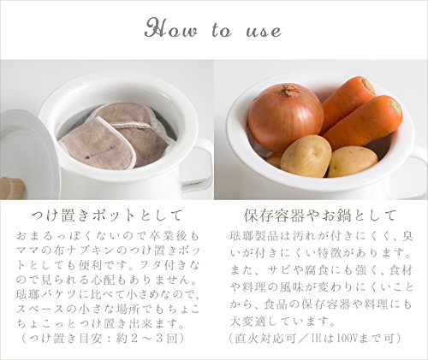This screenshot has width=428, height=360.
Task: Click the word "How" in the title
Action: coord(170,28)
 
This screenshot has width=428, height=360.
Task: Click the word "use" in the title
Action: coord(264,32)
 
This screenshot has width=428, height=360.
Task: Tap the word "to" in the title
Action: coord(222,30)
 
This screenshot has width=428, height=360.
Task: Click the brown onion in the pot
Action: coord(285,117)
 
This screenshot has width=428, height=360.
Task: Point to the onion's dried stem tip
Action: coord(290,90)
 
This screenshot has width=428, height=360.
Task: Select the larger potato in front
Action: coord(306,156)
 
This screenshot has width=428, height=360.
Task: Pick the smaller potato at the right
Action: coord(353,162)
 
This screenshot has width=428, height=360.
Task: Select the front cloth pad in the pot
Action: coord(97,147)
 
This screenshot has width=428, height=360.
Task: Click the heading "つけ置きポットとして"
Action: coord(107,215)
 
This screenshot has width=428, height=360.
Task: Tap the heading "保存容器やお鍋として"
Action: coord(320,215)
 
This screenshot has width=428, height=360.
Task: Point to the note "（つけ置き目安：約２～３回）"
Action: coord(103,339)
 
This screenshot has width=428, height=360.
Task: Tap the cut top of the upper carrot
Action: coord(368,86)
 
